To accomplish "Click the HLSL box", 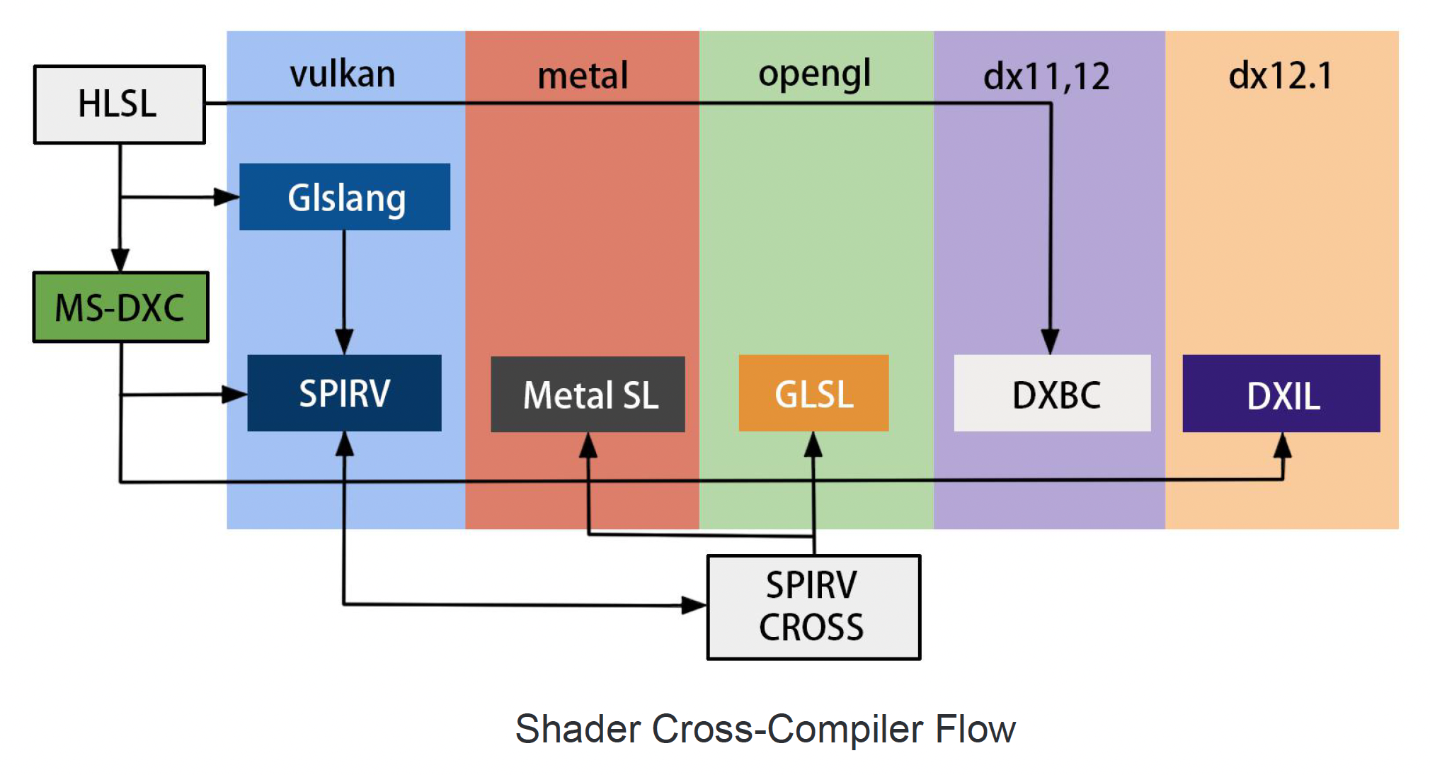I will pyautogui.click(x=119, y=105).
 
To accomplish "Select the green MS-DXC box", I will pyautogui.click(x=120, y=307).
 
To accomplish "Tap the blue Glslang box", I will pyautogui.click(x=345, y=197).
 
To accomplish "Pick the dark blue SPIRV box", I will pyautogui.click(x=344, y=393).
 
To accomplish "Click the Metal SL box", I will pyautogui.click(x=588, y=395).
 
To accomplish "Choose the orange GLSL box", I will pyautogui.click(x=813, y=393).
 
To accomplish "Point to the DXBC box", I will pyautogui.click(x=1052, y=393).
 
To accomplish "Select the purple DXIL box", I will pyautogui.click(x=1281, y=394).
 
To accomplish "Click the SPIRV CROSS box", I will pyautogui.click(x=813, y=607).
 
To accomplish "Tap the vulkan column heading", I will pyautogui.click(x=343, y=74).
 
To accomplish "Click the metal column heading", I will pyautogui.click(x=583, y=76).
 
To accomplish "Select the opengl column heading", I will pyautogui.click(x=814, y=74).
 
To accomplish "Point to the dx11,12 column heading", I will pyautogui.click(x=1046, y=77).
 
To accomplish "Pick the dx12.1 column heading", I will pyautogui.click(x=1280, y=76).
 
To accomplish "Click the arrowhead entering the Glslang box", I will pyautogui.click(x=227, y=197).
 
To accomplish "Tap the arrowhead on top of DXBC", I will pyautogui.click(x=1051, y=341).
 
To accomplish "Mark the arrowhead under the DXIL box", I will pyautogui.click(x=1282, y=445).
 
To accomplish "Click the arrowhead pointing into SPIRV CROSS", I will pyautogui.click(x=694, y=605).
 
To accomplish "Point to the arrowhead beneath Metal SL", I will pyautogui.click(x=588, y=445).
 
